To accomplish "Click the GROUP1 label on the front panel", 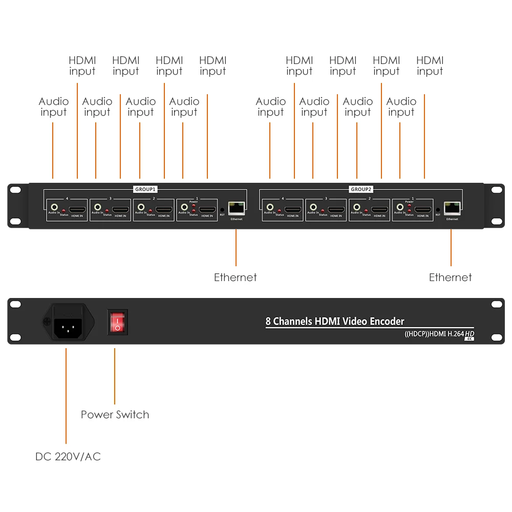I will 146,189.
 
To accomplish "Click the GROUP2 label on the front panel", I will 362,189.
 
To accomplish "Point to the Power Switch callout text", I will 115,415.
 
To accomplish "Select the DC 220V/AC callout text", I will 68,456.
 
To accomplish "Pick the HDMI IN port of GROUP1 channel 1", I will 207,209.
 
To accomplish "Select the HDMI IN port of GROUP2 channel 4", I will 293,209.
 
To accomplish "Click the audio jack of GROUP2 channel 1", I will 400,207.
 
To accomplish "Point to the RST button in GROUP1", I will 222,209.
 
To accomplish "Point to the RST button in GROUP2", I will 438,209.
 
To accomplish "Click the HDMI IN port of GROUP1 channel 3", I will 120,209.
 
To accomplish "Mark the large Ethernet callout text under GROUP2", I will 451,278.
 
